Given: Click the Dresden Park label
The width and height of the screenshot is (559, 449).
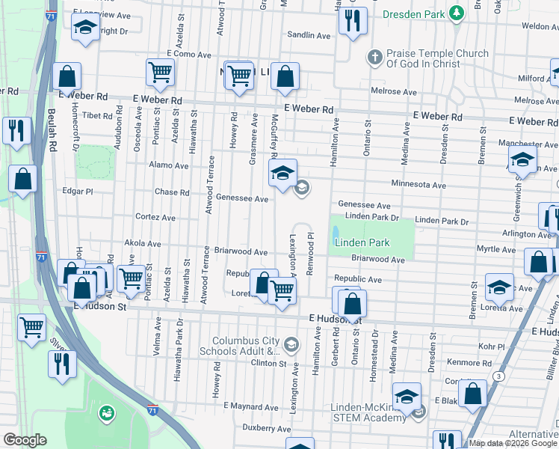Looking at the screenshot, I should click(x=413, y=14).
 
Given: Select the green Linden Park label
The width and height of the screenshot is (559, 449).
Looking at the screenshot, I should click(x=362, y=243).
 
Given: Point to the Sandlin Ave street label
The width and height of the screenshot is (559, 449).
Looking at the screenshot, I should click(x=309, y=35).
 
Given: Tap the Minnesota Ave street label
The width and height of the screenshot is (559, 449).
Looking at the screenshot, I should click(x=418, y=185).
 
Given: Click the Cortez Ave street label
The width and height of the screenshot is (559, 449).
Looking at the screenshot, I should click(x=155, y=217).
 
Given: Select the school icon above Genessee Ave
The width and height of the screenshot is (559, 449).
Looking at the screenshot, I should click(x=282, y=174).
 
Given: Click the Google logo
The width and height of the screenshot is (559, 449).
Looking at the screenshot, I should click(x=25, y=440).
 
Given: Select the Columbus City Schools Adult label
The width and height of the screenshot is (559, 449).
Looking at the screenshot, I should click(x=240, y=345).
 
